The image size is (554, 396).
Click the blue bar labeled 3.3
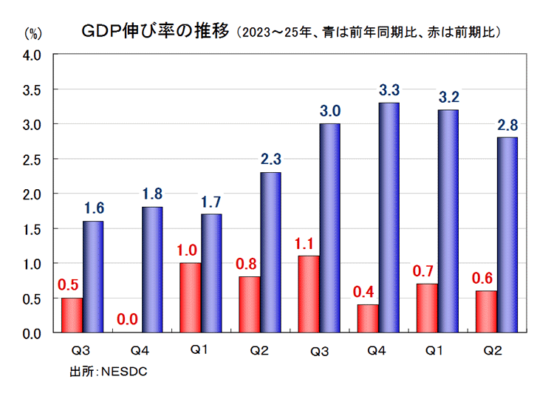[389, 218]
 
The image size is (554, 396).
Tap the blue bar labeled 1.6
[93, 277]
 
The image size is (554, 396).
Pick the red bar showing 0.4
[368, 318]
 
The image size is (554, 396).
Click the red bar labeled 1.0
[191, 298]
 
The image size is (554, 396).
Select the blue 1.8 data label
[151, 194]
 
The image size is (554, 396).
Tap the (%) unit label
[35, 33]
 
